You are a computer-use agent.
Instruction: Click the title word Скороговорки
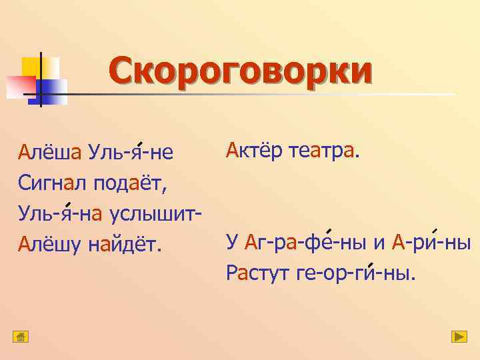(241, 72)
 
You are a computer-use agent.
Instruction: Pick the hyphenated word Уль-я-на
(60, 215)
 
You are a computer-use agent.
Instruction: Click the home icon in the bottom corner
(21, 337)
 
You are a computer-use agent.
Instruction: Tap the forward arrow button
(459, 337)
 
